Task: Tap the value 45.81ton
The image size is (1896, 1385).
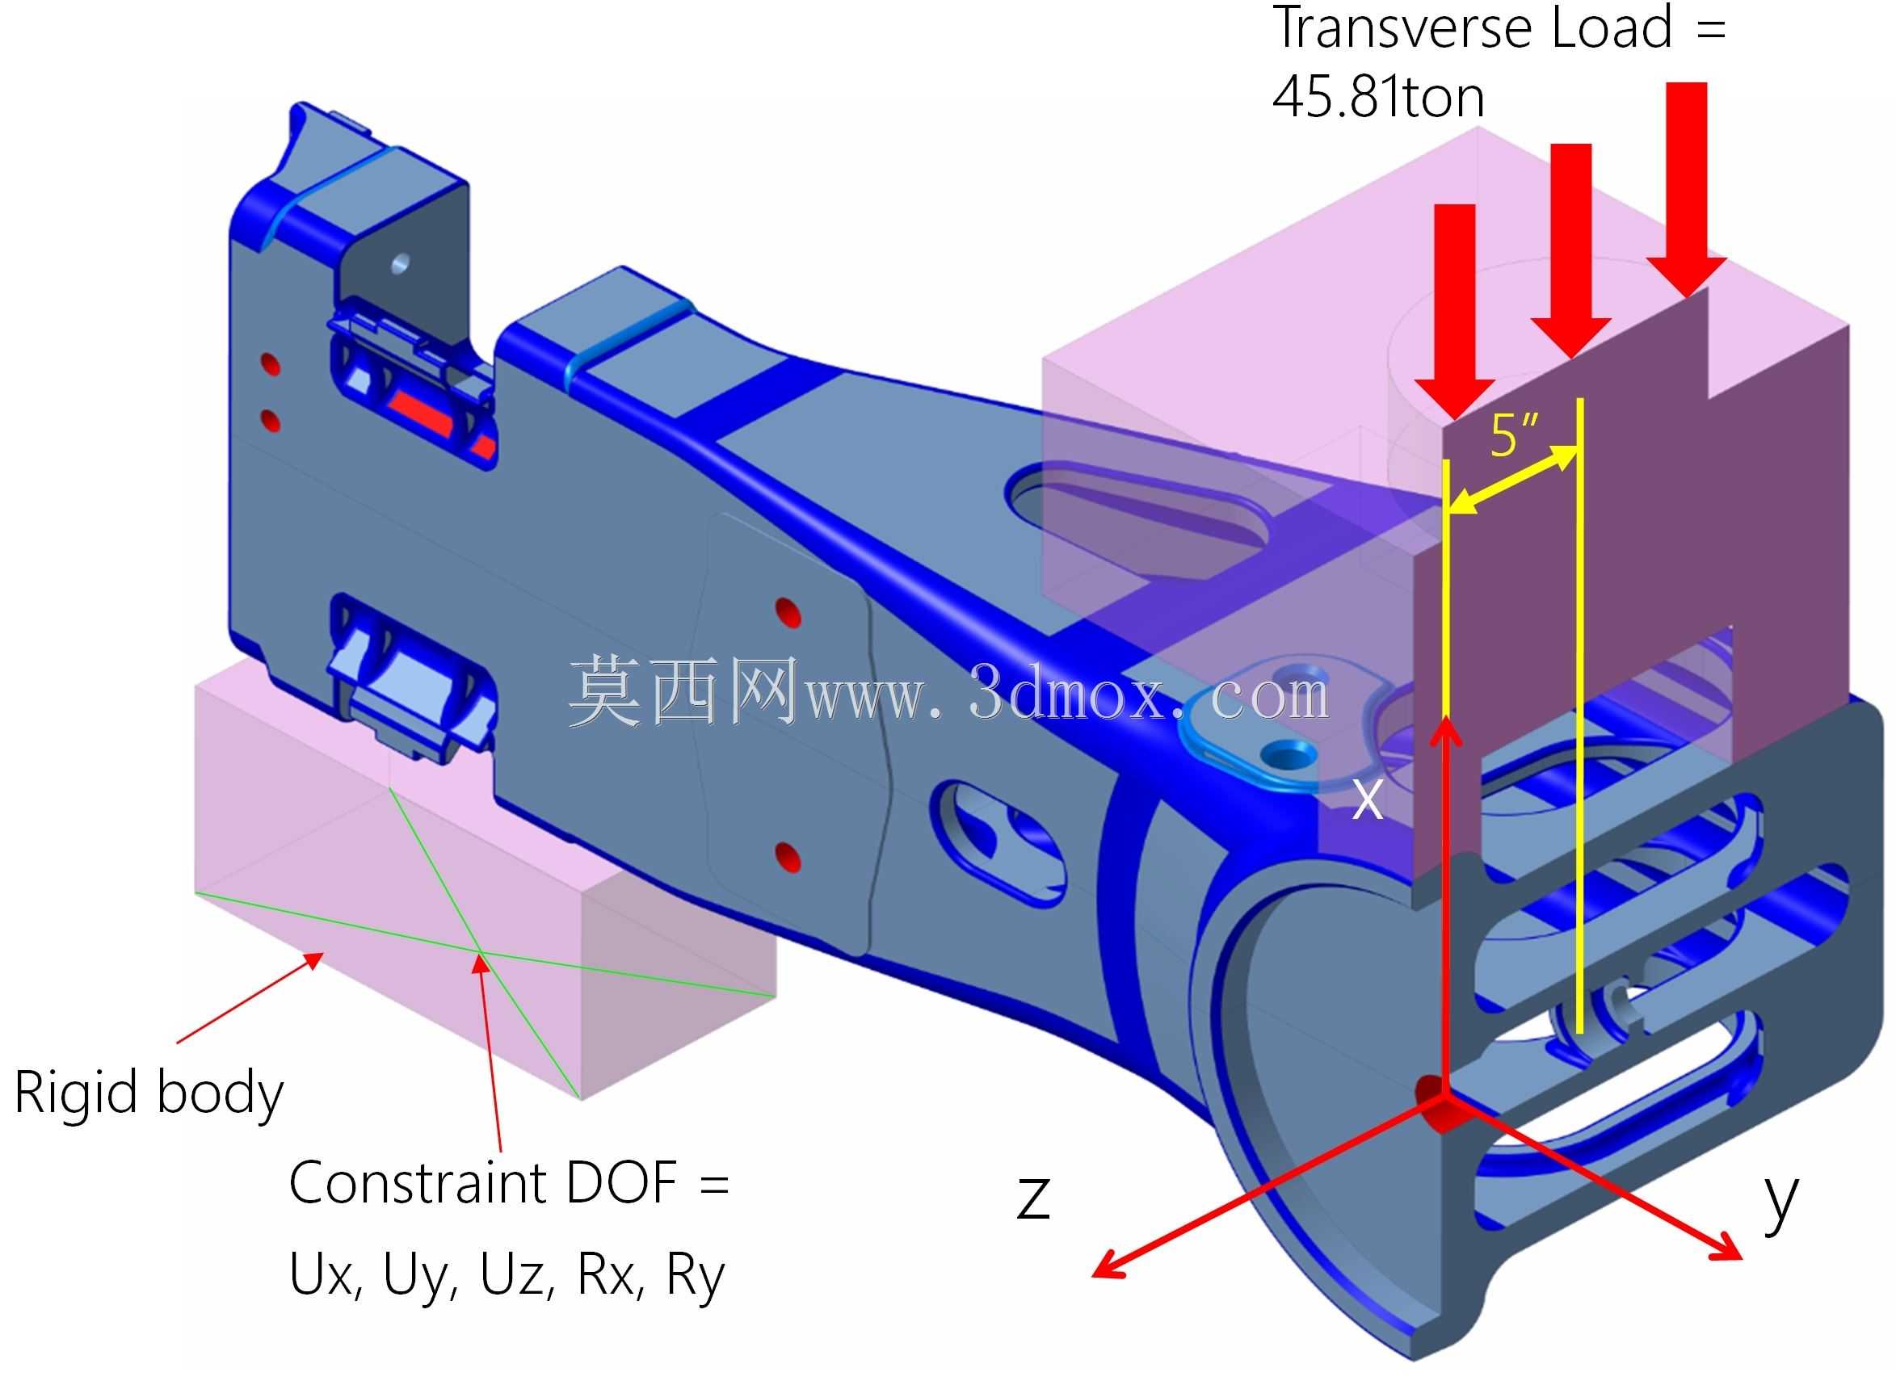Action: (x=1377, y=97)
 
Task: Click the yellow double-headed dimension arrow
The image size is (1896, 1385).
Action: (x=1512, y=481)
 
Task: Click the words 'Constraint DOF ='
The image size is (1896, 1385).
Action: (x=509, y=1183)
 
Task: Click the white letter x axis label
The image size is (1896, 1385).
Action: (x=1368, y=800)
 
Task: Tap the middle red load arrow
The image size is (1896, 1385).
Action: (x=1570, y=250)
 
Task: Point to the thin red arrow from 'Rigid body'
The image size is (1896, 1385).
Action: (x=250, y=997)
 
